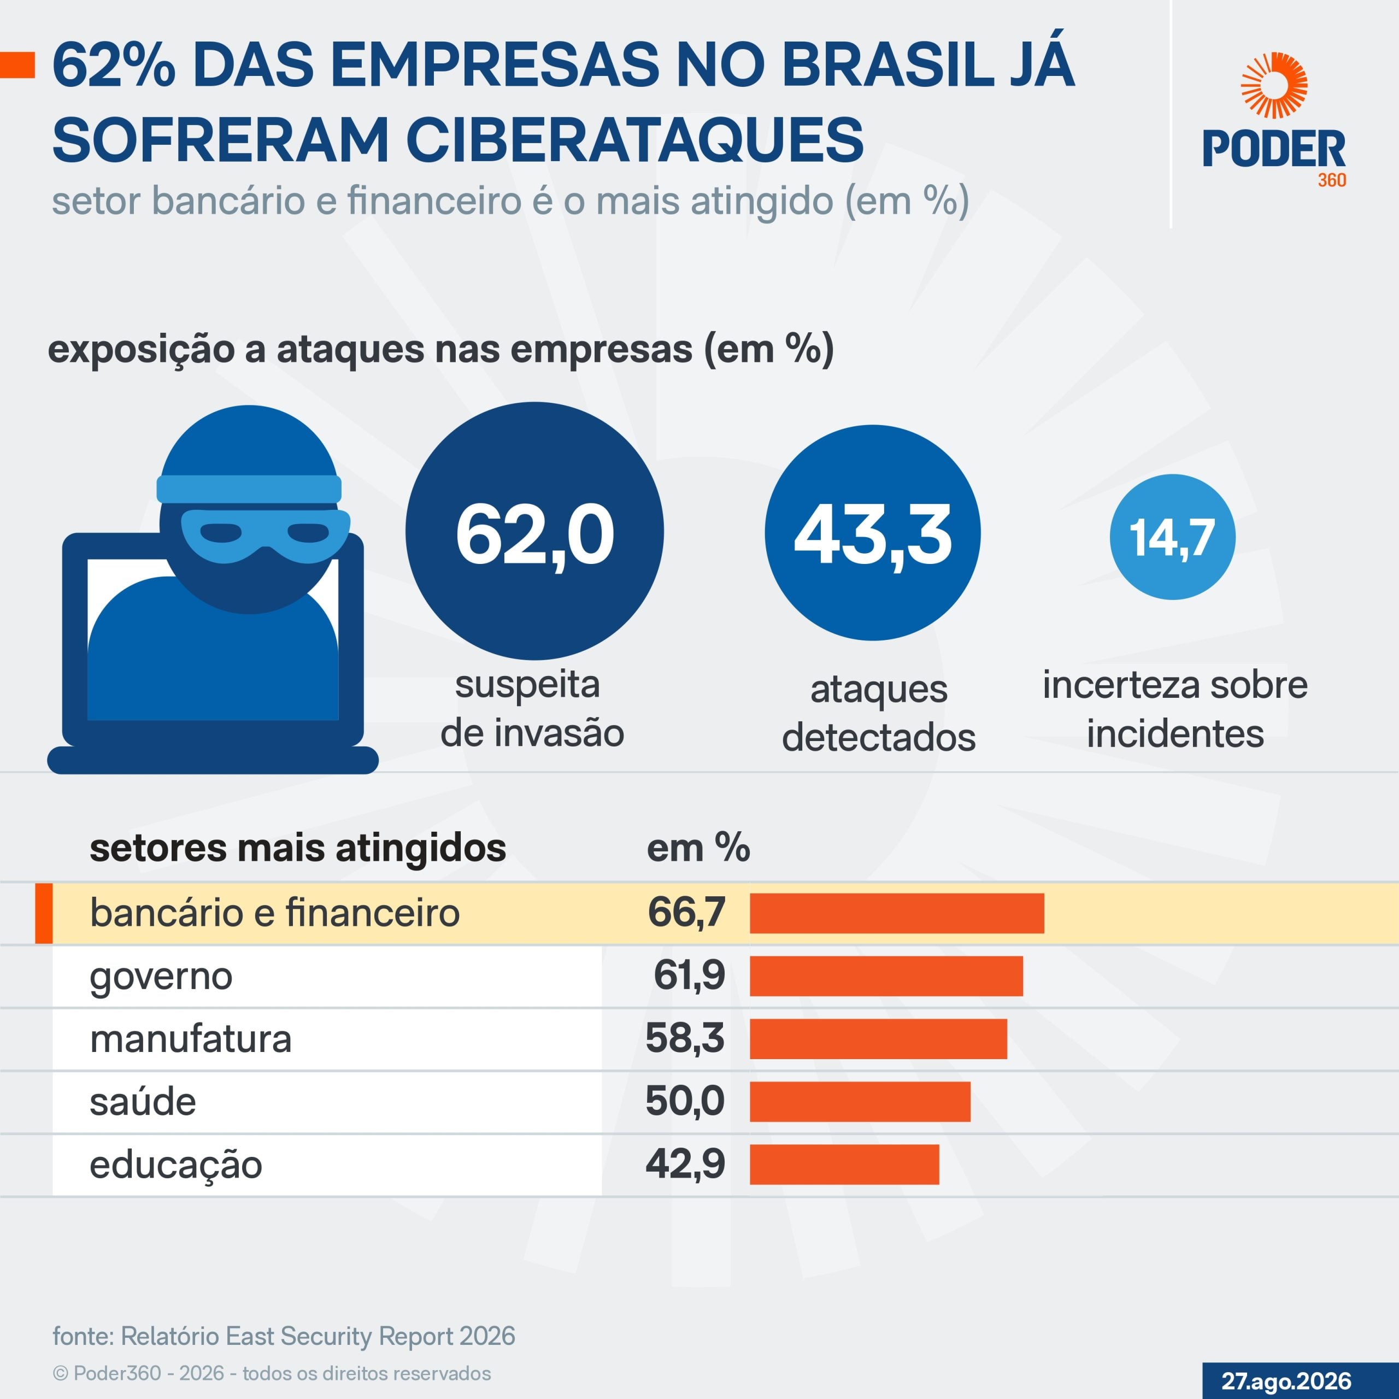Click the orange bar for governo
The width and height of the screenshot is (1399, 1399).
[886, 976]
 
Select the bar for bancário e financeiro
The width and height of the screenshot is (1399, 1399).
[897, 913]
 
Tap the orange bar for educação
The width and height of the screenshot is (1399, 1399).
[844, 1165]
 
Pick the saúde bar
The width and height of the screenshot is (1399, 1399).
[860, 1101]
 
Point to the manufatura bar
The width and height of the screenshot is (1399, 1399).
[878, 1039]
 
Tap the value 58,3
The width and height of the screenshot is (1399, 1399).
[685, 1038]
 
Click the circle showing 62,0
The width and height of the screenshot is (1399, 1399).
[534, 531]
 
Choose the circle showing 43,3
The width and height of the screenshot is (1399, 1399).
[873, 533]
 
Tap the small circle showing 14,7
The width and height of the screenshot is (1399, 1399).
[1172, 537]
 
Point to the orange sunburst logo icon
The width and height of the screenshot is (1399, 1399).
[1274, 85]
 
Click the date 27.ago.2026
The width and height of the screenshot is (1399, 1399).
[1286, 1380]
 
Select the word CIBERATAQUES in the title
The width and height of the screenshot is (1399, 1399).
[634, 140]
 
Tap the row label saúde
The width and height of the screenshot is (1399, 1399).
[143, 1101]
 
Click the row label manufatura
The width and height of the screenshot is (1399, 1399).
[190, 1039]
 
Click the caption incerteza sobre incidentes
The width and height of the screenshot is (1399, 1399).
[1174, 709]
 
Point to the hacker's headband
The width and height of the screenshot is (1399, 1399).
[249, 489]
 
